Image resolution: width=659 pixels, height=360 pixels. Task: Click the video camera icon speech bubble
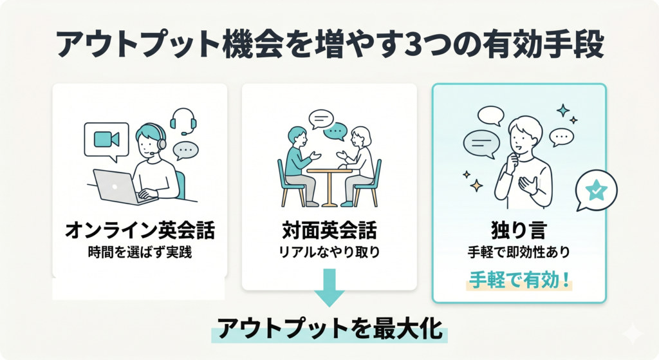click(107, 140)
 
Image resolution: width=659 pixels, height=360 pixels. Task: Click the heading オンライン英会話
click(140, 231)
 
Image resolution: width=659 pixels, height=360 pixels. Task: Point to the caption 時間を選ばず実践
click(140, 252)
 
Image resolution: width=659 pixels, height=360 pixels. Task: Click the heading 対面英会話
click(329, 231)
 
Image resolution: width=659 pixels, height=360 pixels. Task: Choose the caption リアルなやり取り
click(329, 252)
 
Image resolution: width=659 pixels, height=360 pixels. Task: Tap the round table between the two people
click(329, 184)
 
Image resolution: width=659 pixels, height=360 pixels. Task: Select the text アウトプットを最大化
click(329, 328)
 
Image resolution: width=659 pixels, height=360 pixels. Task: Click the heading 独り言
click(519, 231)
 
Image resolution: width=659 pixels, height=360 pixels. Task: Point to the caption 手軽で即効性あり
click(519, 252)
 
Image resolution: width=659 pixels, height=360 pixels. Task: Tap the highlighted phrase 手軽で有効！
click(519, 281)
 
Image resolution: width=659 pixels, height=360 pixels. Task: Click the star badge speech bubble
click(596, 190)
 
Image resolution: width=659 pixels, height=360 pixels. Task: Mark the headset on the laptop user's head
click(158, 139)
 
